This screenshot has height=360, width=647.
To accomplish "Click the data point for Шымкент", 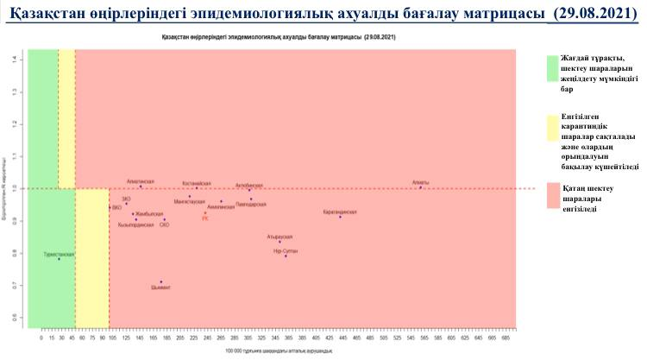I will pos(161,281).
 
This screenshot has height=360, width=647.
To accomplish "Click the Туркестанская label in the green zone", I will pos(59,255).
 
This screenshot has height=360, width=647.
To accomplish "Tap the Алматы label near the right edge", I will pos(420,182).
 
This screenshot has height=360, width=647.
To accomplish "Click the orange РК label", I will pos(205,218).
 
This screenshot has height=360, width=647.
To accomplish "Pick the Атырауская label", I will pos(280,236).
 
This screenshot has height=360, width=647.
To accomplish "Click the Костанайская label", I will pos(197,183).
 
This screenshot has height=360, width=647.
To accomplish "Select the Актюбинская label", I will pos(249,185).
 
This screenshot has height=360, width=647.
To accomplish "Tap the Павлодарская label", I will pos(251,204).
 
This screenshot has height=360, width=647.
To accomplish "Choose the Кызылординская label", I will pos(135,224).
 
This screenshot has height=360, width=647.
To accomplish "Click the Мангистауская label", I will pos(190,201).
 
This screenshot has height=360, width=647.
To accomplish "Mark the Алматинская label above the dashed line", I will pos(140,181).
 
